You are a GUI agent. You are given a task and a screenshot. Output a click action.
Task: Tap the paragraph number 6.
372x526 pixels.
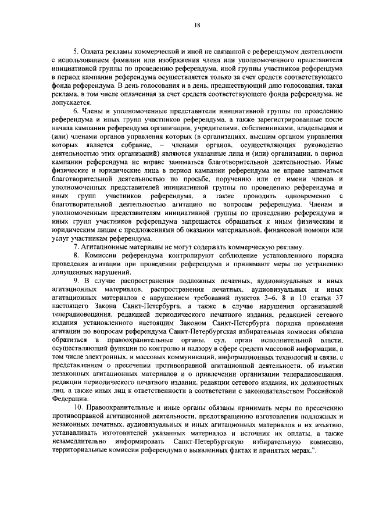click(75, 110)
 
